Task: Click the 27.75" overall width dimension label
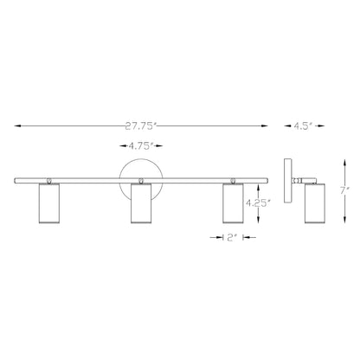click(x=140, y=126)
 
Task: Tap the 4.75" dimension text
click(x=140, y=146)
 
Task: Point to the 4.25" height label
click(x=258, y=203)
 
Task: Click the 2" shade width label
click(x=232, y=237)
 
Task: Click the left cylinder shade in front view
click(x=49, y=203)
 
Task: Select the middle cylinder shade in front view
click(x=141, y=203)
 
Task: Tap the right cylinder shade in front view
click(x=233, y=203)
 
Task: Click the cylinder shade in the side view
click(x=315, y=203)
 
